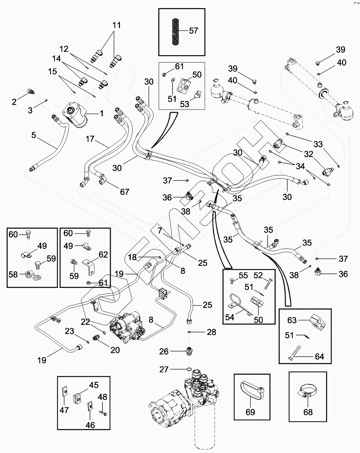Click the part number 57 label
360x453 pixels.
click(193, 31)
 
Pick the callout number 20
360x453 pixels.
click(115, 350)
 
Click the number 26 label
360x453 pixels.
click(164, 352)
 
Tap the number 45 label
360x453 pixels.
click(94, 386)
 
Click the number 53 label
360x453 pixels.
click(184, 104)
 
